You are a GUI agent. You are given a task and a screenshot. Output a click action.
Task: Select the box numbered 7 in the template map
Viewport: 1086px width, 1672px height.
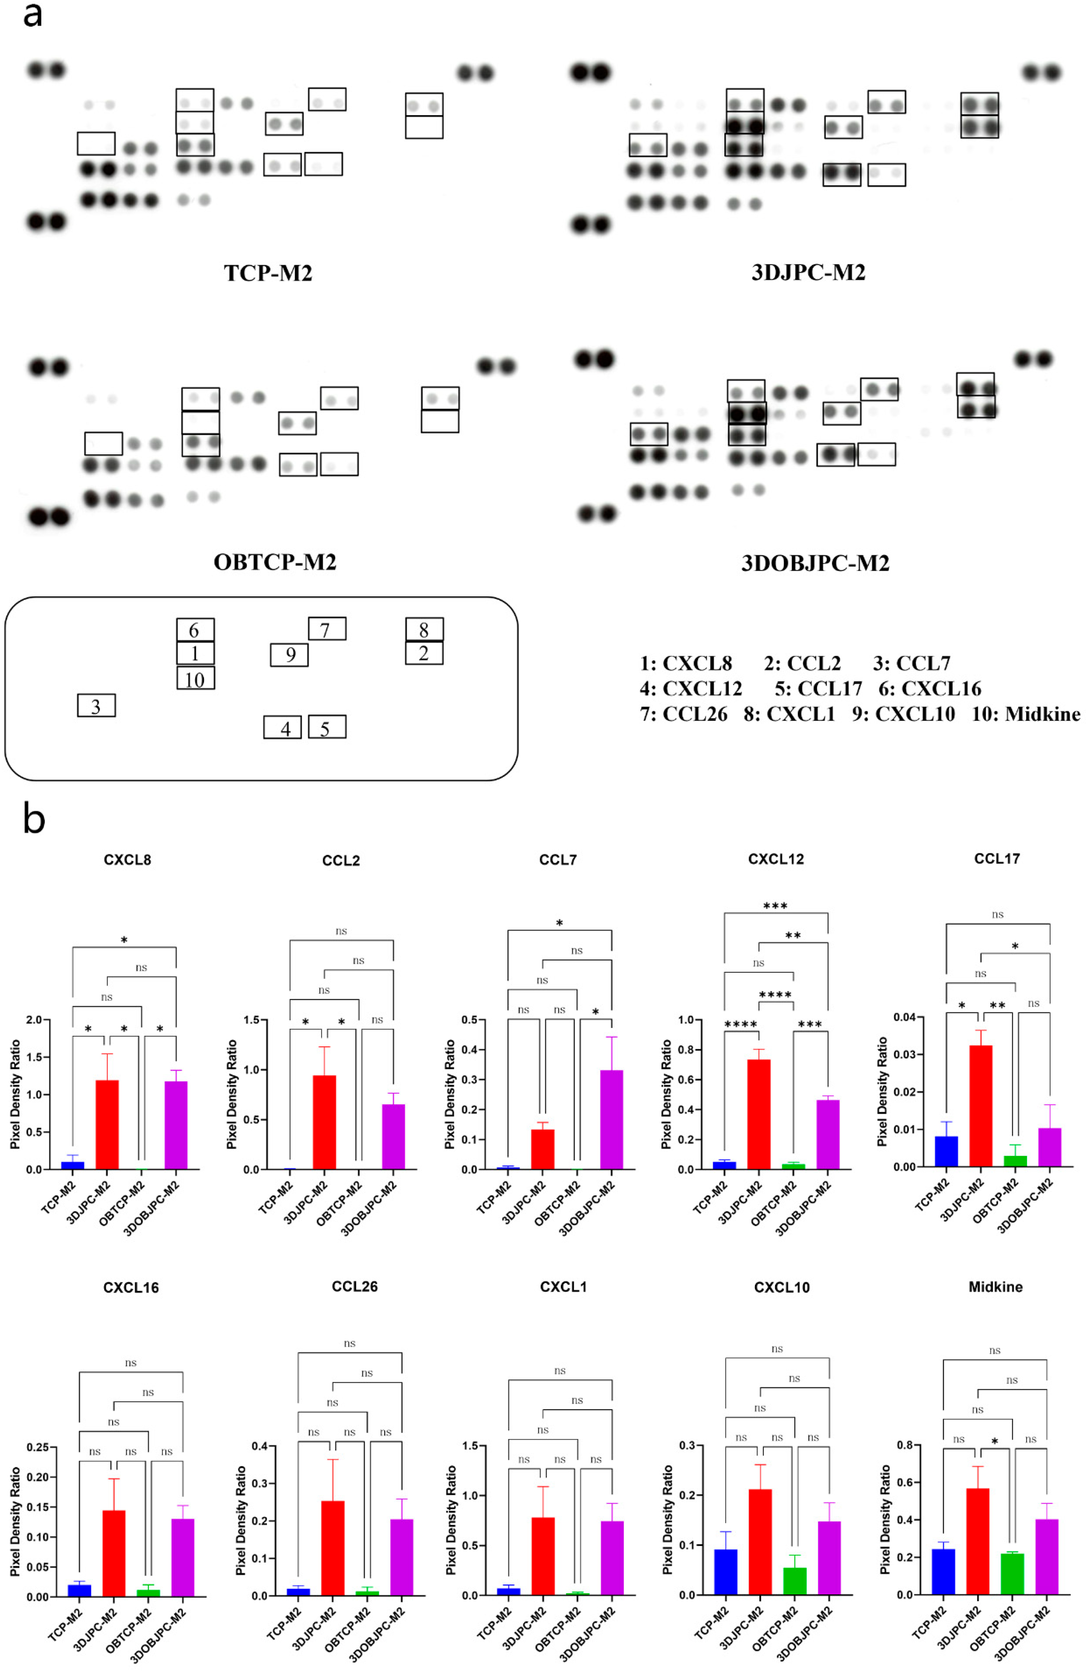point(327,629)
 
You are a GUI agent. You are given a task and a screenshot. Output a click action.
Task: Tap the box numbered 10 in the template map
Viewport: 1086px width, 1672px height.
point(195,678)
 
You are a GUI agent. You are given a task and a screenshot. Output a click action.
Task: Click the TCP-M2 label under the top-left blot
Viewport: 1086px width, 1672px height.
point(268,272)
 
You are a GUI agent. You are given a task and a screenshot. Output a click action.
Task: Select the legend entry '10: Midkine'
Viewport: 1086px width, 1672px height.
point(1026,714)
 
